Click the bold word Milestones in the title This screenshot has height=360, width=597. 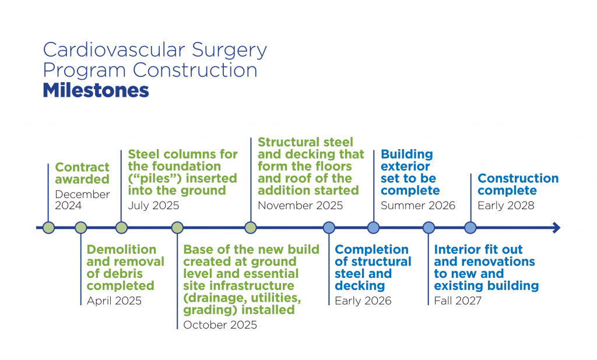point(96,91)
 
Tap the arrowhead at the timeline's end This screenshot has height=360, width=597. point(556,228)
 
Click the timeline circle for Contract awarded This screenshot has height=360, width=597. point(48,228)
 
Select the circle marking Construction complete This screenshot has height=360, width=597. point(470,228)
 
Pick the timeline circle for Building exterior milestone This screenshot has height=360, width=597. point(374,228)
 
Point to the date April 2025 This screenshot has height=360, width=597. point(114,301)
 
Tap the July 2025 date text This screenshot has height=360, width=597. point(153,205)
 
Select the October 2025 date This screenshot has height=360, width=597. point(220,325)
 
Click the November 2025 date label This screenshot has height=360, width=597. point(300,205)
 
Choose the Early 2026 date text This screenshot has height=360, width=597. point(363,301)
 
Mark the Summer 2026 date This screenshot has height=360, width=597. point(418,205)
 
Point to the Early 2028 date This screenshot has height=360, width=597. point(505,205)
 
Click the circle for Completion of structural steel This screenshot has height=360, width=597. point(329,228)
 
